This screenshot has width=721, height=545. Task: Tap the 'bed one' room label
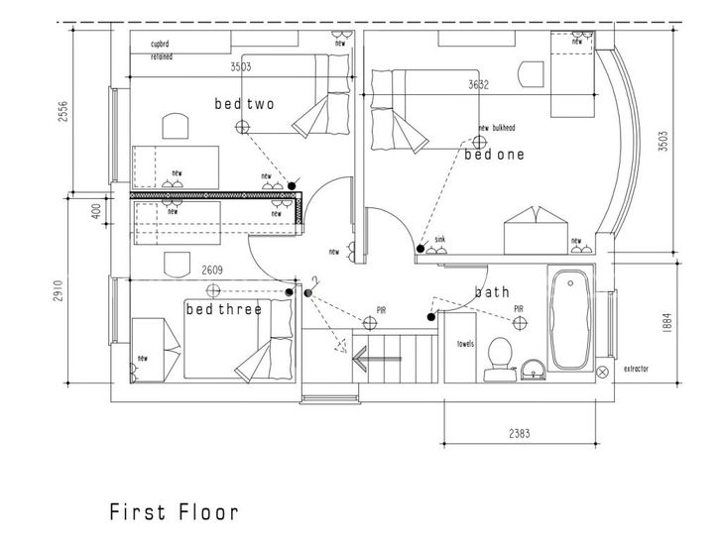click(x=494, y=156)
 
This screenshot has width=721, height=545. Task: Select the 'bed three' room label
click(x=224, y=309)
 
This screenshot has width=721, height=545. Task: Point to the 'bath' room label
click(x=492, y=292)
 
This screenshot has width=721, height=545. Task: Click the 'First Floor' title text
click(x=174, y=512)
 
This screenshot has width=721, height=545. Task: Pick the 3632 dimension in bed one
click(x=480, y=85)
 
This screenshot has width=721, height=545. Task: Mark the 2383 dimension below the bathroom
click(x=518, y=432)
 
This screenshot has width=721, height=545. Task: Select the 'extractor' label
click(x=636, y=369)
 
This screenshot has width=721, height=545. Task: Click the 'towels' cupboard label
click(x=465, y=345)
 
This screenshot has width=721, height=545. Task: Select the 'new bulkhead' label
click(x=497, y=128)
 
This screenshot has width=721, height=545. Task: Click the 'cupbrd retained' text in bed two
click(x=161, y=51)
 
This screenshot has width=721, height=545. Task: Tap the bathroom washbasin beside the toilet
click(x=535, y=372)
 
